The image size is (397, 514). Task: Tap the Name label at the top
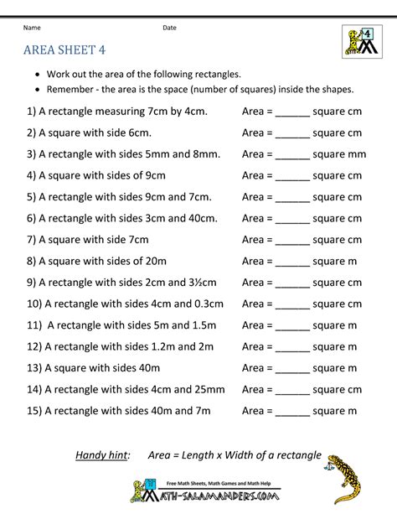pos(31,28)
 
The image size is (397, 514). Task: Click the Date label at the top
pos(170,28)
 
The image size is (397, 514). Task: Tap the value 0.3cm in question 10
pos(205,304)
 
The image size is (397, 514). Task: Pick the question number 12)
pos(34,346)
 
